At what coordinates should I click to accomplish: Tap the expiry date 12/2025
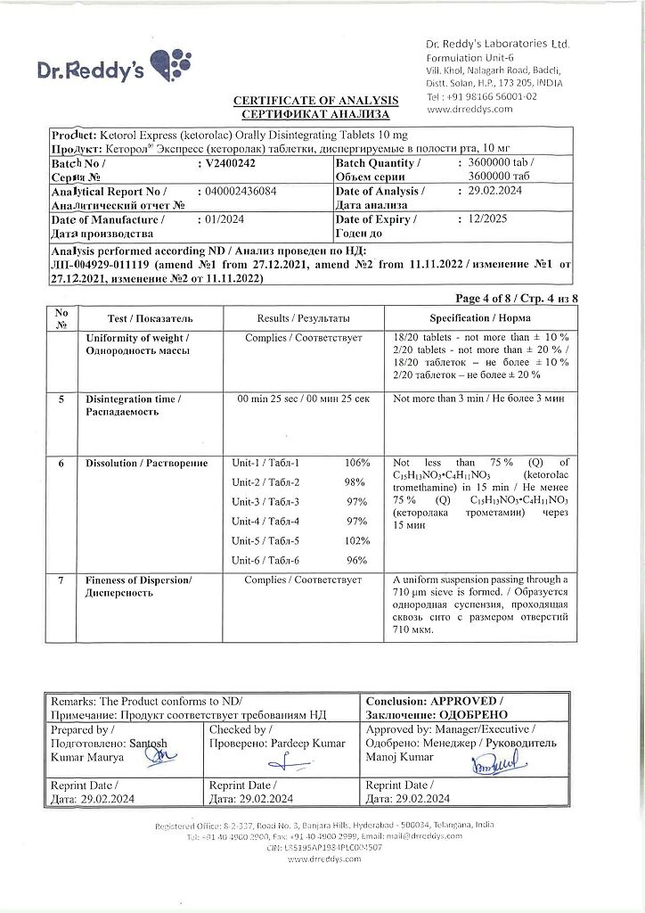478,219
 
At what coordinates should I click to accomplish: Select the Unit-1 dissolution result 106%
356,463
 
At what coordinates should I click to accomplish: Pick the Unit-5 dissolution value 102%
356,541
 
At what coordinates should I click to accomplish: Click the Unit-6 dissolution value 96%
357,561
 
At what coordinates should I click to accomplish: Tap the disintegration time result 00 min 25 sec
304,399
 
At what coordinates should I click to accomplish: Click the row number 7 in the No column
61,580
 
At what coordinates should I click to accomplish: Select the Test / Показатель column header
150,318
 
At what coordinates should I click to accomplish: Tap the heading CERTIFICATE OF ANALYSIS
316,102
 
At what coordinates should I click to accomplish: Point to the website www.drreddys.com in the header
469,109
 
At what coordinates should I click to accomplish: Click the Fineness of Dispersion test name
138,580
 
